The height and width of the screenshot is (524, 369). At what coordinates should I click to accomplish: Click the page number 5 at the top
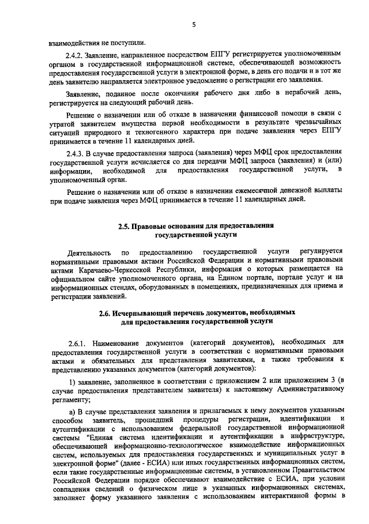(194, 25)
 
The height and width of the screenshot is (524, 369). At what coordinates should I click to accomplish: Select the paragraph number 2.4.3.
(77, 153)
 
